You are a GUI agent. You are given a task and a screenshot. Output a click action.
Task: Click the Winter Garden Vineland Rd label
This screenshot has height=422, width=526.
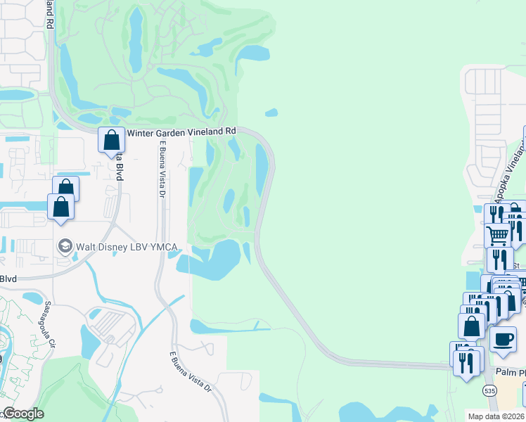click(181, 132)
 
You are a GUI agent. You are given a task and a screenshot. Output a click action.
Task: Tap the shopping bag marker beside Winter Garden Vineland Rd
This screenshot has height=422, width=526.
click(111, 140)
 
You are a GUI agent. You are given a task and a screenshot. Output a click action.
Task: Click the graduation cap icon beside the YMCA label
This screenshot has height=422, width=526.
click(65, 246)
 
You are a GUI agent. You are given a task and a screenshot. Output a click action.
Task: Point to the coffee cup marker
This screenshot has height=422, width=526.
click(502, 339)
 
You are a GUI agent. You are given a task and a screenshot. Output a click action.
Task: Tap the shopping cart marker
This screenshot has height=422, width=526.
click(497, 234)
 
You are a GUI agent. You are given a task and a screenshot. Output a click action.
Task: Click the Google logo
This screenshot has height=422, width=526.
click(23, 414)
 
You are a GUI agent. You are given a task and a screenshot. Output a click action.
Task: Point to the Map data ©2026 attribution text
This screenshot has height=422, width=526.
click(496, 416)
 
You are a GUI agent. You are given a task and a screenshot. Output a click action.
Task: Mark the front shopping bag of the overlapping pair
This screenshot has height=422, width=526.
click(61, 207)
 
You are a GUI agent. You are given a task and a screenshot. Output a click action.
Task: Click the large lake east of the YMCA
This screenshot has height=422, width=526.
click(224, 253)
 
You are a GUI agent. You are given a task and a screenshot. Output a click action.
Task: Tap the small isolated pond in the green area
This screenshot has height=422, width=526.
click(271, 112)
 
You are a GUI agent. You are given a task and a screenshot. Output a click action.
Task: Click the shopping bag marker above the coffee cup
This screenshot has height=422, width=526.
click(471, 326)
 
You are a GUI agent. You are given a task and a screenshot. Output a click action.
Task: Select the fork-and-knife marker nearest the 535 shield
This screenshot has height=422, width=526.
click(467, 362)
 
